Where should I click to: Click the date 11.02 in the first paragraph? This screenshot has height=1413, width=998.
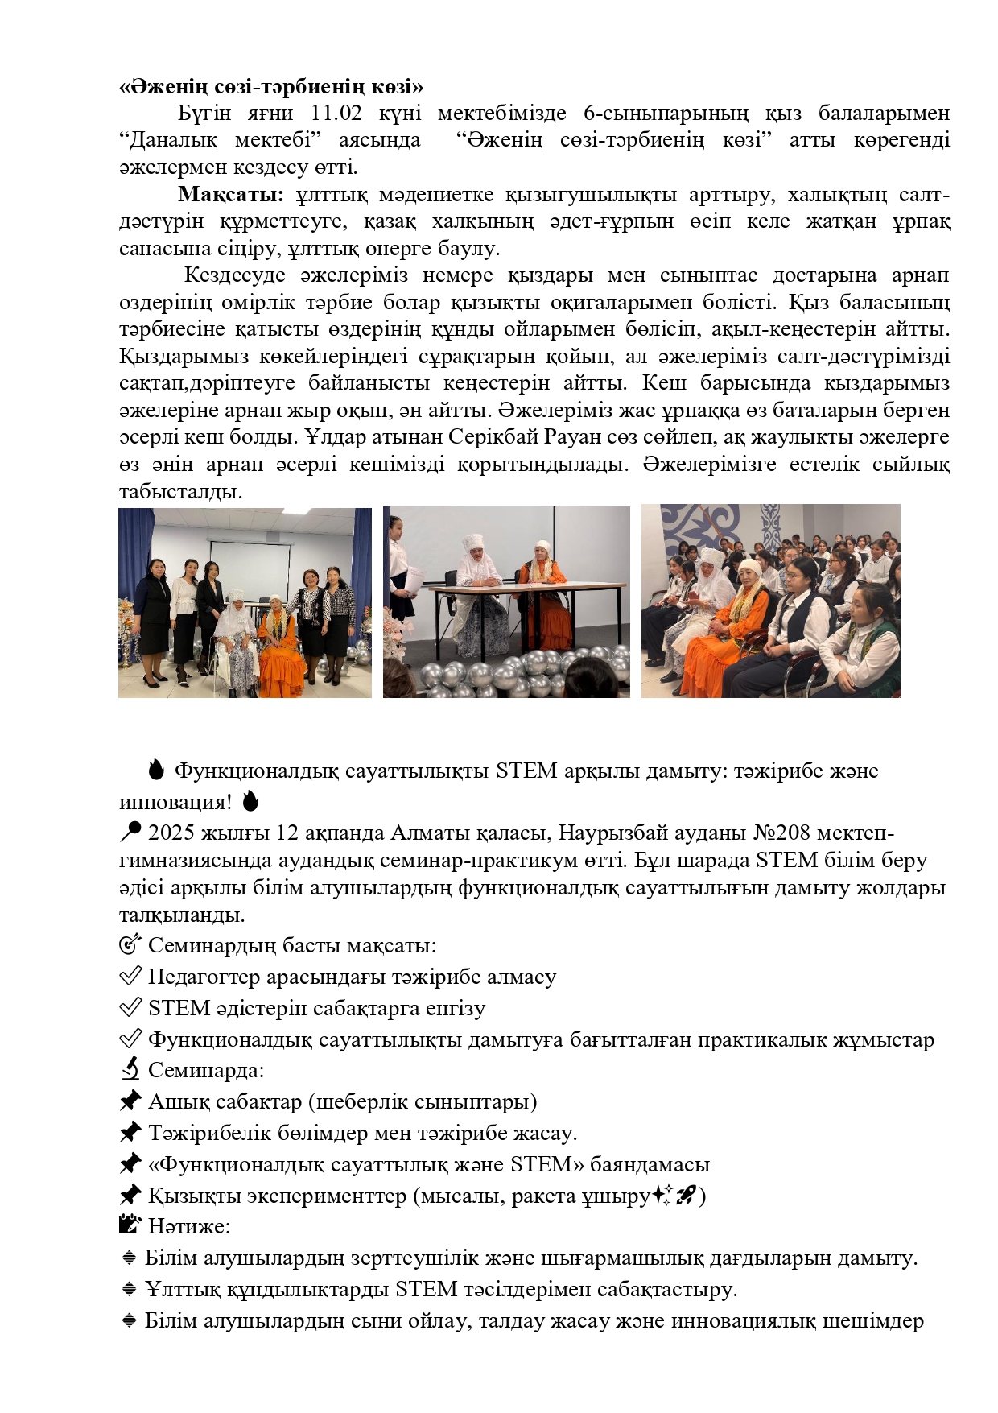point(336,114)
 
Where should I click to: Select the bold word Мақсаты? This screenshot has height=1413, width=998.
point(231,195)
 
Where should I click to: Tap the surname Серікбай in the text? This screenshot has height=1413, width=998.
point(493,437)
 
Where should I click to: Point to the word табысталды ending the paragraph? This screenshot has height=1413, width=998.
point(181,491)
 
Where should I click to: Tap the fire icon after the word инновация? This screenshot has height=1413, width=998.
point(250,802)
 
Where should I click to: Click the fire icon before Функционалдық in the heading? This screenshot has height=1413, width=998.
point(156,771)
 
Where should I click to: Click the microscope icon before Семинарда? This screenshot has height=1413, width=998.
point(130,1070)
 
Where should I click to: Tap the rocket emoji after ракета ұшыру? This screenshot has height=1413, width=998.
point(686,1196)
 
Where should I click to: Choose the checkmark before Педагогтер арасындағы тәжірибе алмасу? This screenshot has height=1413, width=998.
point(130,977)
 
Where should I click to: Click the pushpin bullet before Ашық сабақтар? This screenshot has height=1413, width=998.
point(130,1101)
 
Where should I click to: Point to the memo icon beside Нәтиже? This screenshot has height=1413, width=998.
point(130,1226)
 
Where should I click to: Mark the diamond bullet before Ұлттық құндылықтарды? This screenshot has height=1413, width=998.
point(129,1290)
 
